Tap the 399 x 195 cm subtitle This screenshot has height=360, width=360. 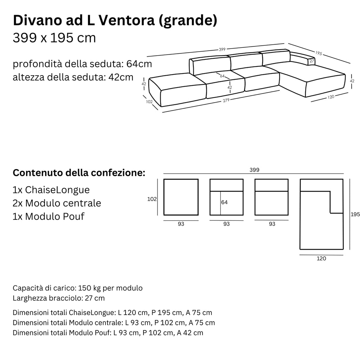[x=54, y=38]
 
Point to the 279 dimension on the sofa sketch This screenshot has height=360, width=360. [x=226, y=101]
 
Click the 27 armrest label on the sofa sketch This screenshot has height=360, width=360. [x=311, y=61]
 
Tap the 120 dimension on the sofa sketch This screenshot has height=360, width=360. [x=330, y=97]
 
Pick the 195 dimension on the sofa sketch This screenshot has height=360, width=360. [x=319, y=53]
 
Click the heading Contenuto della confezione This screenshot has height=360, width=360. [x=79, y=173]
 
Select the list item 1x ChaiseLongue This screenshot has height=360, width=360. [x=51, y=190]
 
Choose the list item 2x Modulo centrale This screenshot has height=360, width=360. [x=57, y=203]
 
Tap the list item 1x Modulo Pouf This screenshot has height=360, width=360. [x=49, y=216]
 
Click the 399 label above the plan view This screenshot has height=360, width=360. [x=254, y=170]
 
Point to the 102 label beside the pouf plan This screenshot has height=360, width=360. [x=152, y=199]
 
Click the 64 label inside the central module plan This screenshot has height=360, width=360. [x=225, y=202]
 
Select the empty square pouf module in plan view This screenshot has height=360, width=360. [x=181, y=197]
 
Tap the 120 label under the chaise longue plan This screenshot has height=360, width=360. [x=321, y=258]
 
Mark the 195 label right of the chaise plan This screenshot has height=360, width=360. [x=355, y=214]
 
